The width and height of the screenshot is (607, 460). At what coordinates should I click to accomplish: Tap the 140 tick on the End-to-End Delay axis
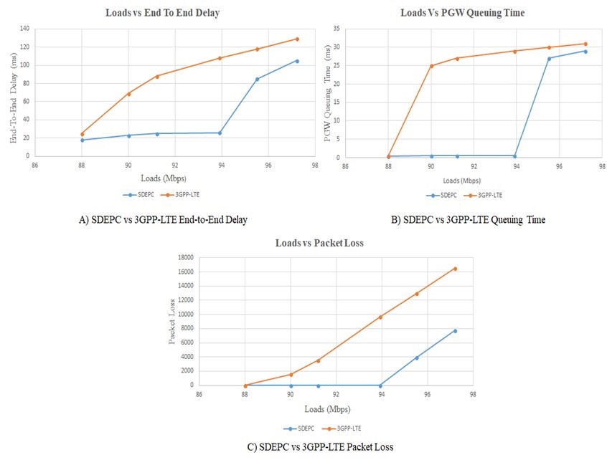27,29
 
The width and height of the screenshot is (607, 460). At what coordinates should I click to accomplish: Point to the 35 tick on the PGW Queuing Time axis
335,29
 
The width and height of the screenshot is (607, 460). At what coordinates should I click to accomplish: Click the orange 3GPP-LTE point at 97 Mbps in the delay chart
297,39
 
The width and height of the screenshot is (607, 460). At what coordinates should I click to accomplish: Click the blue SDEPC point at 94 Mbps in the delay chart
220,133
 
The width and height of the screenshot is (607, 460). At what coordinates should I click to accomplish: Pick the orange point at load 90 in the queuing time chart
431,66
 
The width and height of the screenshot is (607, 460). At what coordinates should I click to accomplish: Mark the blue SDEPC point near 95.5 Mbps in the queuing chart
549,58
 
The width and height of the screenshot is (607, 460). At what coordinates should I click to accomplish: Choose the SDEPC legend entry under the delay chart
136,194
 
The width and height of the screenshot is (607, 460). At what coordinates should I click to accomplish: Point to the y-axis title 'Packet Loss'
171,322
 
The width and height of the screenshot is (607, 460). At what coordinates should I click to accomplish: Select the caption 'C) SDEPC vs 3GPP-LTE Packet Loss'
320,446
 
